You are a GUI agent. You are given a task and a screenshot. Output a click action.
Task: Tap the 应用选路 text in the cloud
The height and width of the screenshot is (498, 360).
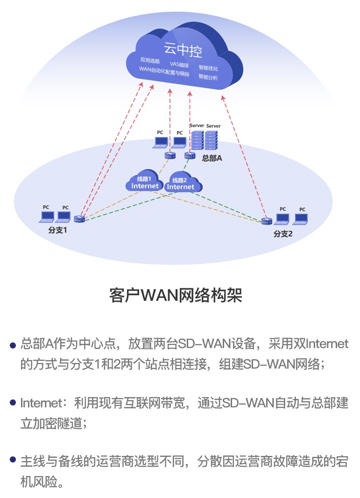[150, 60]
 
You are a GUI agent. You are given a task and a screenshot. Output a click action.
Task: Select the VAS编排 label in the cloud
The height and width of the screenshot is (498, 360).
[179, 64]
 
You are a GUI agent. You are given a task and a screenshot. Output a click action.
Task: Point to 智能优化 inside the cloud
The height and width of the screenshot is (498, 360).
[208, 68]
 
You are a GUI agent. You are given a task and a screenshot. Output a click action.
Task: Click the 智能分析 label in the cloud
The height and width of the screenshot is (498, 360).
[208, 77]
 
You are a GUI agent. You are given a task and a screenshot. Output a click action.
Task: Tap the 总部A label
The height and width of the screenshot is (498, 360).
[212, 158]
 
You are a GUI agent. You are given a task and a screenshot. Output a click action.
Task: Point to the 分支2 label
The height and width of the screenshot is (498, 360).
[283, 234]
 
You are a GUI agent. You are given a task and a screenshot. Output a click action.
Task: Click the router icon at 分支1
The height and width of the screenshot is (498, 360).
[79, 218]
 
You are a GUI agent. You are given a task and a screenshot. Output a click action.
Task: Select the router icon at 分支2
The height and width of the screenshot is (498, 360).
[267, 221]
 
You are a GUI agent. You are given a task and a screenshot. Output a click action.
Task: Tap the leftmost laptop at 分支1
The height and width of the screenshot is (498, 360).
[47, 216]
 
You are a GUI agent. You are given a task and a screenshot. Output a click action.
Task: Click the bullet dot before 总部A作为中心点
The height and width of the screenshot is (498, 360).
[13, 346]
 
